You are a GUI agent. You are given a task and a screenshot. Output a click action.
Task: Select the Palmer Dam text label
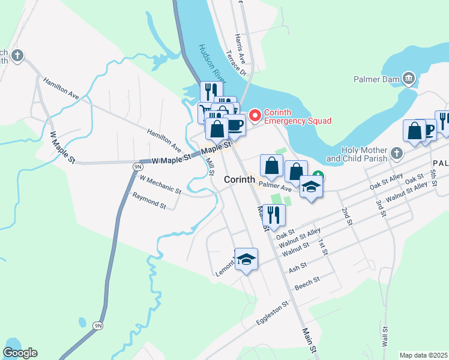coord(376,77)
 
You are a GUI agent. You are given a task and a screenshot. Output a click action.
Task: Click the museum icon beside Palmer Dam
coord(409,77)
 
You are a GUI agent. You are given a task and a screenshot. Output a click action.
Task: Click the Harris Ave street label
coord(241,49)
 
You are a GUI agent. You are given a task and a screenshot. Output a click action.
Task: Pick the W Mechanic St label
coord(160,184)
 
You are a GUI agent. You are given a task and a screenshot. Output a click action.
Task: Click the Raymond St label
coord(149,200)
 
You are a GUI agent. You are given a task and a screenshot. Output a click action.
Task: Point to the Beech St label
coord(307,284)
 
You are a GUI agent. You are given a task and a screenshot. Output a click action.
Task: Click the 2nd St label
coord(346,217)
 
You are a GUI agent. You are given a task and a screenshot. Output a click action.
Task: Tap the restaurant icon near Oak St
coord(274,215)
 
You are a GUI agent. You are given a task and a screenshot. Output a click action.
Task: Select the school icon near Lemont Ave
coord(246,259)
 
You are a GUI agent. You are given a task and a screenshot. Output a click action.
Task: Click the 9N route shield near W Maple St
coord(137,166)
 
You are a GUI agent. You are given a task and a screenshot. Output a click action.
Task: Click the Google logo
coord(20,353)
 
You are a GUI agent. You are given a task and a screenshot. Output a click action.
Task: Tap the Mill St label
coord(210,166)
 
